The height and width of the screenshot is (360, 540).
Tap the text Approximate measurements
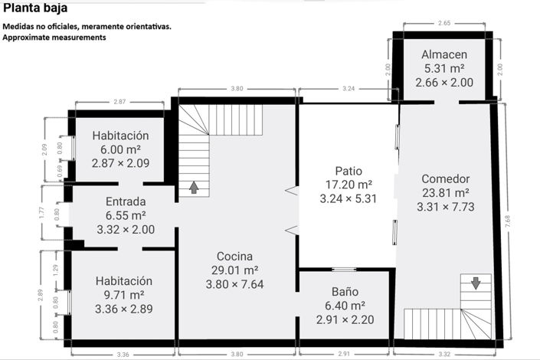coord(54,37)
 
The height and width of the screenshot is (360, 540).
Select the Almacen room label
coord(444,55)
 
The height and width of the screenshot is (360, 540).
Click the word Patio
coord(348,170)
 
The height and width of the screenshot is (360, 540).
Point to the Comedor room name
coord(445,178)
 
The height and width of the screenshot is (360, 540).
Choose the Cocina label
coord(234,257)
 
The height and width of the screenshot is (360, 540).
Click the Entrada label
coord(126,202)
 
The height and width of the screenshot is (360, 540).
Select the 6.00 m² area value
coord(120,149)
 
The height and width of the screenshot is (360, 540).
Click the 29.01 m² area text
coord(234,270)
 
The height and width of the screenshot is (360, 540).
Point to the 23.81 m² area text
coord(445,192)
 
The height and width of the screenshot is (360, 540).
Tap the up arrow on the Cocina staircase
coord(194,186)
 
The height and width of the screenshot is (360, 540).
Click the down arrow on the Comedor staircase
coord(476,283)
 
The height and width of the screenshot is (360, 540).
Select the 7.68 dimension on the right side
coord(509,222)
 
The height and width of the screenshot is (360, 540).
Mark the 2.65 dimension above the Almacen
coord(444,25)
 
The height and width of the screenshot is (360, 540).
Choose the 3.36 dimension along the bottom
coord(123,354)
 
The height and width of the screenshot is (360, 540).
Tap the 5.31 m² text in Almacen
coord(444,69)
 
